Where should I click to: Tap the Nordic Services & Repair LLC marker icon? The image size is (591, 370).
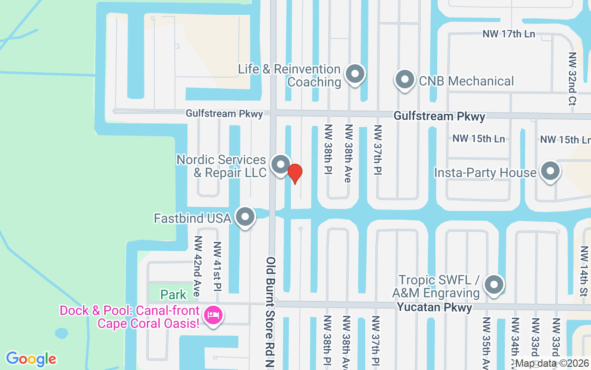(280, 165)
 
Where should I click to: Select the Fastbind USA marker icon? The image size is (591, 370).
(246, 216)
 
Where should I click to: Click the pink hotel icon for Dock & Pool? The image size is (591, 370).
(213, 316)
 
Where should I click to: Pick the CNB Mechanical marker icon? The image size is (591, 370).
(405, 80)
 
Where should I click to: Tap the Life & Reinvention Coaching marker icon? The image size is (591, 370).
(355, 74)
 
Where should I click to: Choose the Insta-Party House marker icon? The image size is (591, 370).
(550, 172)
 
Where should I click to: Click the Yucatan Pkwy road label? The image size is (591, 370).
(434, 308)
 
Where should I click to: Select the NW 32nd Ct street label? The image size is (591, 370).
(573, 79)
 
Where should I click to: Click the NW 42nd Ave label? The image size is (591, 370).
(198, 266)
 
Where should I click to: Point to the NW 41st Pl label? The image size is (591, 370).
(217, 266)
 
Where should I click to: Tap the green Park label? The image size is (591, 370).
(173, 295)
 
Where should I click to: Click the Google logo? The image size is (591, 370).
(31, 359)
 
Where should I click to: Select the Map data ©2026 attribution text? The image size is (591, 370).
(552, 364)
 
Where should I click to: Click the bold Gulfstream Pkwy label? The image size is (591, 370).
(439, 116)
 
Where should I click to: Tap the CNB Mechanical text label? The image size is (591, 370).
(466, 81)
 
